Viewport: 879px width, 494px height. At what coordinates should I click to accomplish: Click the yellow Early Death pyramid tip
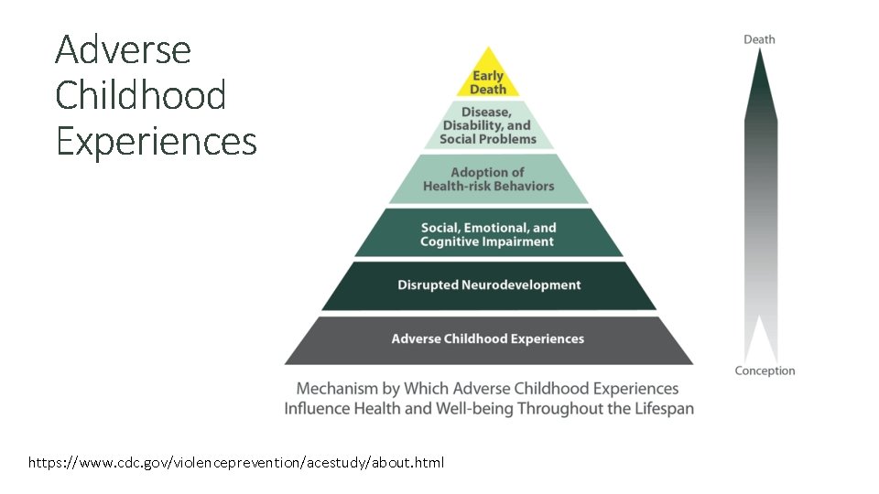click(x=488, y=79)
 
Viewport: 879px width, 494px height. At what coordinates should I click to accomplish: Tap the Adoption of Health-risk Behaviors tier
click(x=488, y=179)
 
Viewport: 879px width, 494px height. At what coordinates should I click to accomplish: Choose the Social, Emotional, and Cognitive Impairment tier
click(x=488, y=234)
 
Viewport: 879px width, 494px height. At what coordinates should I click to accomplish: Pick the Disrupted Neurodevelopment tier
click(x=489, y=285)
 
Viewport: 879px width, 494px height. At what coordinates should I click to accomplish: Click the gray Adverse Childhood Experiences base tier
click(x=488, y=339)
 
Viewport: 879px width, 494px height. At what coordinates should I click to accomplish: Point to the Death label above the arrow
click(x=759, y=39)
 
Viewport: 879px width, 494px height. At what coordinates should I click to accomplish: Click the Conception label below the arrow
click(x=765, y=371)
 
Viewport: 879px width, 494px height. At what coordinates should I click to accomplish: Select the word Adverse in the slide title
click(x=123, y=49)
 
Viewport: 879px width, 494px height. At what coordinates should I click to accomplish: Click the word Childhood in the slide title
click(x=140, y=95)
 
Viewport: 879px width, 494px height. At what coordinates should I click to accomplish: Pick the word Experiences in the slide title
click(x=156, y=141)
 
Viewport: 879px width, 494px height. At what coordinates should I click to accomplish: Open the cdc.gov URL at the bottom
click(x=236, y=463)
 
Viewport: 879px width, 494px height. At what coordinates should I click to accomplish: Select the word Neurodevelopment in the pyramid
click(x=521, y=285)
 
